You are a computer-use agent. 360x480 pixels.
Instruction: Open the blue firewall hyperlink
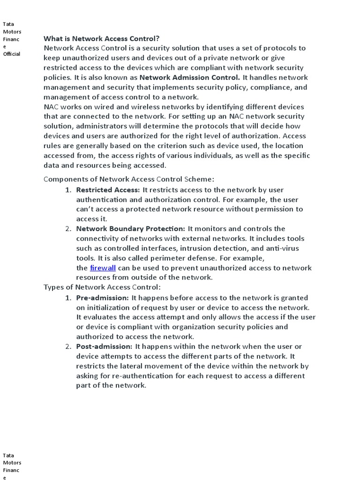point(103,268)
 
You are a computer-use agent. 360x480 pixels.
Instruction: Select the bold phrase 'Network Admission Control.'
point(190,77)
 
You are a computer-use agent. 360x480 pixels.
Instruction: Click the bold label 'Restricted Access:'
point(108,190)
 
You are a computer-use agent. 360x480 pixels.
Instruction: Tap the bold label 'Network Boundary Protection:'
point(131,229)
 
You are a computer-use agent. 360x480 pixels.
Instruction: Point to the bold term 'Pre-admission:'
point(102,298)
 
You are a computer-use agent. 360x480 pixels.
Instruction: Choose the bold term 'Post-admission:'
point(104,346)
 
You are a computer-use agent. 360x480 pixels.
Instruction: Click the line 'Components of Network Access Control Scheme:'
point(129,179)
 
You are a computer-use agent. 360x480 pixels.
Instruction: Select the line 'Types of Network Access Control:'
point(102,287)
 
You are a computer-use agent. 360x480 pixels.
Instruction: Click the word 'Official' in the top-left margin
point(12,54)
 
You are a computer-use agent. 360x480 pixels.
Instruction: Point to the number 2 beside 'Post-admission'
point(68,346)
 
